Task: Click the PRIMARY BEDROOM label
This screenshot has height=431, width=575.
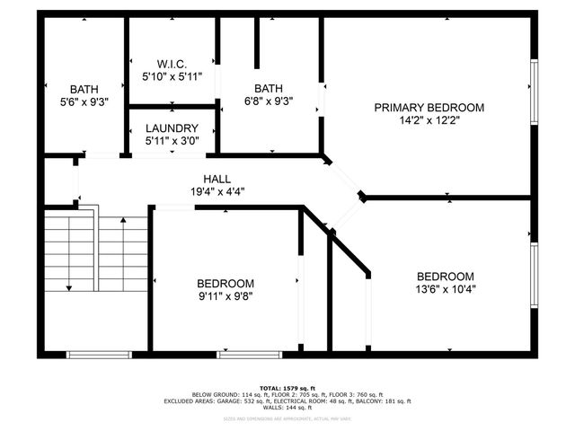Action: [429, 108]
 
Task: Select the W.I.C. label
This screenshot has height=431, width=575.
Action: [171, 65]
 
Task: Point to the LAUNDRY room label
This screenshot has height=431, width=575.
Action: [171, 128]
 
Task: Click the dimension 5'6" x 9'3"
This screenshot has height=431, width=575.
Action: [84, 102]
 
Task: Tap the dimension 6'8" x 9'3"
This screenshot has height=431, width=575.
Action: [268, 101]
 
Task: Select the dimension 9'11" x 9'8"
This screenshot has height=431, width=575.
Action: [226, 295]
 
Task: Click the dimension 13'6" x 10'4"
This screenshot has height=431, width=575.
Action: [445, 289]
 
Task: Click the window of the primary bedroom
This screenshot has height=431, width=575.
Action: [534, 90]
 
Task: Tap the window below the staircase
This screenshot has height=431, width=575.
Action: [94, 354]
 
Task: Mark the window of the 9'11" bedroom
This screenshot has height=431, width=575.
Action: [243, 354]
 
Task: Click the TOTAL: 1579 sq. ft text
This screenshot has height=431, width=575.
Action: [288, 388]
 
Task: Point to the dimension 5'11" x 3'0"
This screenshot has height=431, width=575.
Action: [171, 141]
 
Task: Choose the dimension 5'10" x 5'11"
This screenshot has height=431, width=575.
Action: [171, 77]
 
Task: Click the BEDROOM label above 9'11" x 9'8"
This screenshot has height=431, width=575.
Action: [226, 283]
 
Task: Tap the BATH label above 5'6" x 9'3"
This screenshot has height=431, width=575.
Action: [84, 90]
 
